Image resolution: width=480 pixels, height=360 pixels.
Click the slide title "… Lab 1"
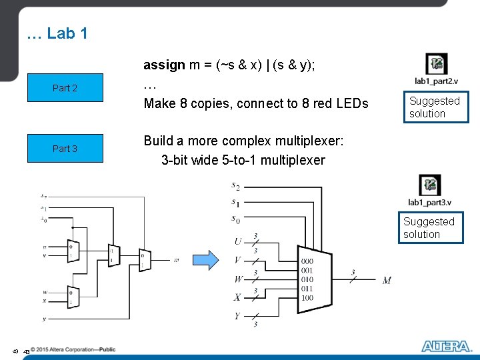57,33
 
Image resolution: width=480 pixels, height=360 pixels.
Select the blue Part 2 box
65,88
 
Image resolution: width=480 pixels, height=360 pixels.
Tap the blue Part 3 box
65,149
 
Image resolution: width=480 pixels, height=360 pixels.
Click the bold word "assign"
164,65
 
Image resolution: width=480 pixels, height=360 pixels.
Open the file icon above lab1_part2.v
436,64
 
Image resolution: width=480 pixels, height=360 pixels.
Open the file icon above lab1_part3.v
429,185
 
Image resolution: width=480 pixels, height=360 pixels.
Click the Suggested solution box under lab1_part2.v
434,107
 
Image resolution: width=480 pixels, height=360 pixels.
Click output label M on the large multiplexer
387,280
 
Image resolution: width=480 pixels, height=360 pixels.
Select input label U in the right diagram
237,241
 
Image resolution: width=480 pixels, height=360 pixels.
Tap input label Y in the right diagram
237,317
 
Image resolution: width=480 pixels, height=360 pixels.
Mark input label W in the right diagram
238,279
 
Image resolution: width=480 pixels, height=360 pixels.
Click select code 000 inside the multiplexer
307,261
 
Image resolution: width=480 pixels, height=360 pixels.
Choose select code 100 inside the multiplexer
307,298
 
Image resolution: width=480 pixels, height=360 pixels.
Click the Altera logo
445,346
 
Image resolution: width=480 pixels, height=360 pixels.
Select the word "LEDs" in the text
351,103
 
